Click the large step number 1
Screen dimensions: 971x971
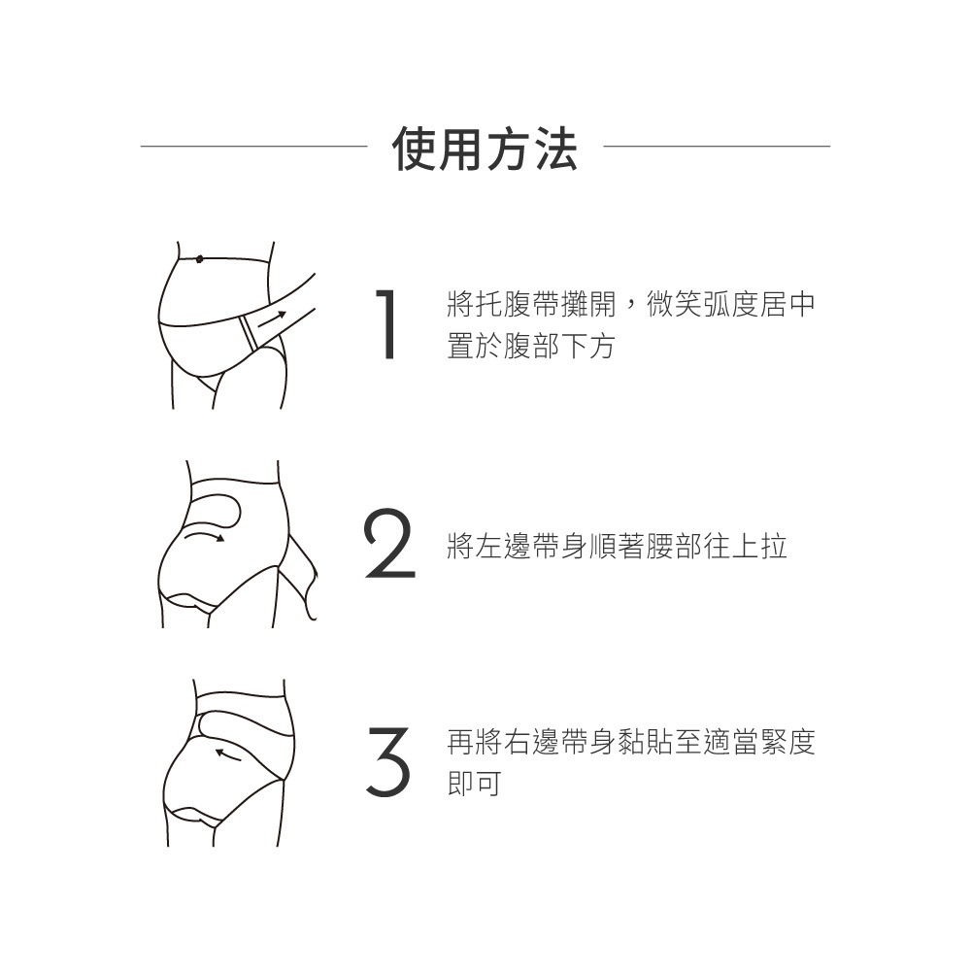point(388,323)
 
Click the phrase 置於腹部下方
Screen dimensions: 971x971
point(530,346)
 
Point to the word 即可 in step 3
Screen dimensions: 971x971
point(474,784)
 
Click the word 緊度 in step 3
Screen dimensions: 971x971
point(787,743)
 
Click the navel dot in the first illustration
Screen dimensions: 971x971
point(199,258)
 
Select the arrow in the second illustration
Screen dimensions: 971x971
point(206,535)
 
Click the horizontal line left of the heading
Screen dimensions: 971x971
point(253,147)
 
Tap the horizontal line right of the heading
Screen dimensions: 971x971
point(717,147)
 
